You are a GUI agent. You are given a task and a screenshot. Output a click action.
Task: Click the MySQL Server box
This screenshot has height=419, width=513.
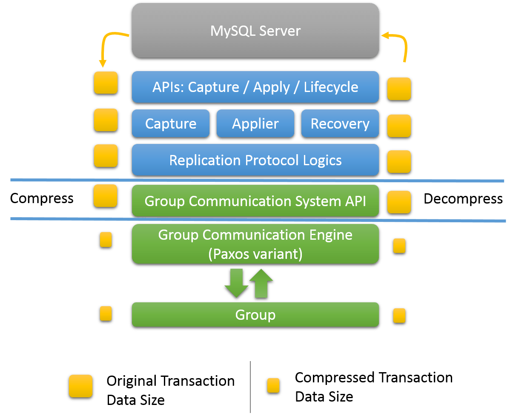coord(255,31)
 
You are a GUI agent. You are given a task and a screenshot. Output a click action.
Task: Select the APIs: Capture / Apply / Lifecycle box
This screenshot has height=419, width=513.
coord(255,87)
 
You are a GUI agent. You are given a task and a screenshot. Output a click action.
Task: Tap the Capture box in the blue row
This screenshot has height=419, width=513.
coord(171,124)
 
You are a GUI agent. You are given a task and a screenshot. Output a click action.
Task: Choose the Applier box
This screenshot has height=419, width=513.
coord(255,124)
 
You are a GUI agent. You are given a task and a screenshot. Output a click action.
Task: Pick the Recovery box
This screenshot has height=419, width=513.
coord(340,124)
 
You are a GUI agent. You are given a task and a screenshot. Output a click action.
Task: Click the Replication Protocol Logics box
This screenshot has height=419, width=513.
coord(255,160)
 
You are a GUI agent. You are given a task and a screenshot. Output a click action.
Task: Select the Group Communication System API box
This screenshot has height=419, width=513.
coord(255,201)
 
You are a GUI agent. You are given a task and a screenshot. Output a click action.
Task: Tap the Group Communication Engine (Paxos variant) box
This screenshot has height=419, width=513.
coord(255,244)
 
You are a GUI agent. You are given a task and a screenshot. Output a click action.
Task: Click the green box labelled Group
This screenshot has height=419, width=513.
coord(255,315)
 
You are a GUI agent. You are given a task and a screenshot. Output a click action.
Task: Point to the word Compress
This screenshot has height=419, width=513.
coord(42,198)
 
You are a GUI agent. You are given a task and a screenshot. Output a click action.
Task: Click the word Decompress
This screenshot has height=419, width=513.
coord(463,199)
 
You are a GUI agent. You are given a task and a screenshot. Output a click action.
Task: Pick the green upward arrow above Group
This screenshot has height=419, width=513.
coord(261,283)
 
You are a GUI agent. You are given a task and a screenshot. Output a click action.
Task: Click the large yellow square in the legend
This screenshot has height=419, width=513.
coord(80,387)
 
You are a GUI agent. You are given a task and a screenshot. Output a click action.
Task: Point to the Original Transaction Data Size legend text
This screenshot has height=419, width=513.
coord(170,390)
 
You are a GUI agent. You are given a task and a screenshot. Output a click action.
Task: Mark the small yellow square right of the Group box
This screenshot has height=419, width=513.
coord(399,316)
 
